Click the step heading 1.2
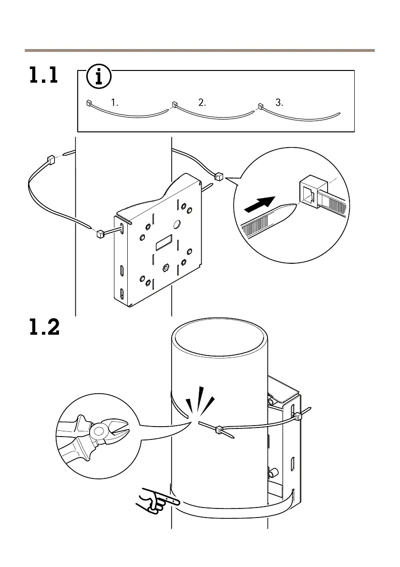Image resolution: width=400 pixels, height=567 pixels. coord(44,327)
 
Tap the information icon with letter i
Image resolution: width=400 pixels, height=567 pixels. coord(99,76)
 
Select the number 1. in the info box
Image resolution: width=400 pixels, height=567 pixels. coord(114,102)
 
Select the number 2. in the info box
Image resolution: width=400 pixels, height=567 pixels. coord(202,102)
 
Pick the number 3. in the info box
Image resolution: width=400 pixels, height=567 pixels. coord(279,102)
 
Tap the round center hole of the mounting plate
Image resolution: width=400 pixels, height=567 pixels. coord(176,224)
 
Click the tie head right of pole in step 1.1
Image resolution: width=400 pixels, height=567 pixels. coord(219,177)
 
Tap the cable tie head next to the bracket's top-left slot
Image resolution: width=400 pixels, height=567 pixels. coord(100,234)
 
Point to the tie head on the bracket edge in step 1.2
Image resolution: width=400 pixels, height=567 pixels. coord(297,417)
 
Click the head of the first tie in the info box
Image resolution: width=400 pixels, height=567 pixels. coord(89,103)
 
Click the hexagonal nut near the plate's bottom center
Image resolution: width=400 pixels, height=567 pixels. coord(166,268)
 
